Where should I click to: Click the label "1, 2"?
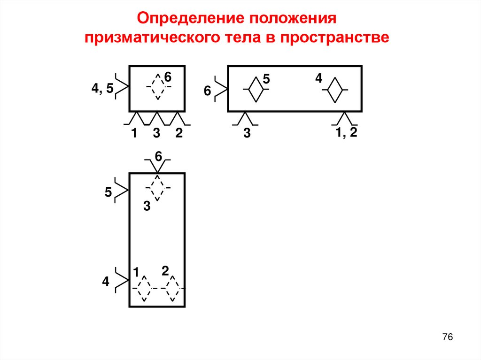(347, 132)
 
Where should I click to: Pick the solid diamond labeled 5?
(256, 89)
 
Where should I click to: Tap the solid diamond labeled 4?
(334, 89)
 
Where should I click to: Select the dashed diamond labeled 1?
(144, 288)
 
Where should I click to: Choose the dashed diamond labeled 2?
(173, 288)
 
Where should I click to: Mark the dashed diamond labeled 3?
(157, 188)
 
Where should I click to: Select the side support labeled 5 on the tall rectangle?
(122, 191)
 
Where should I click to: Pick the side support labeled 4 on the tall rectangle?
(122, 281)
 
